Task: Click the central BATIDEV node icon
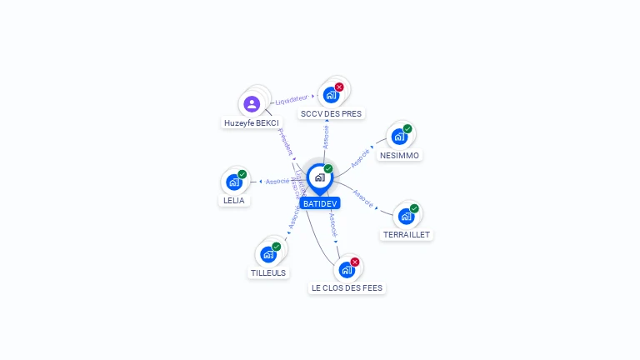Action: click(319, 177)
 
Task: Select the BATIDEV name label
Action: click(320, 203)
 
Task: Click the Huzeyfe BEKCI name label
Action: click(251, 123)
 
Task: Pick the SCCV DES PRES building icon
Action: click(332, 95)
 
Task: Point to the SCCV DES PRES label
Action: click(332, 113)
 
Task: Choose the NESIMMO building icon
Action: click(399, 137)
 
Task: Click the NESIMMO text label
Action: click(400, 156)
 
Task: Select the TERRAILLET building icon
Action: click(406, 217)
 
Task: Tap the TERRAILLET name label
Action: click(407, 235)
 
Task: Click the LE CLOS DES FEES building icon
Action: click(347, 270)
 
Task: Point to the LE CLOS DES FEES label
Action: click(347, 288)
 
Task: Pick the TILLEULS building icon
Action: click(268, 254)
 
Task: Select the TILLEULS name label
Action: click(268, 273)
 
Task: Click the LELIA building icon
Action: click(234, 182)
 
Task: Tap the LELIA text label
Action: click(234, 201)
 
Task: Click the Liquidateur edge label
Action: click(291, 99)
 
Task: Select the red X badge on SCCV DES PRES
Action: click(339, 87)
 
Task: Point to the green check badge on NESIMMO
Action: click(407, 129)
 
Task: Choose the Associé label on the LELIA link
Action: click(277, 181)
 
